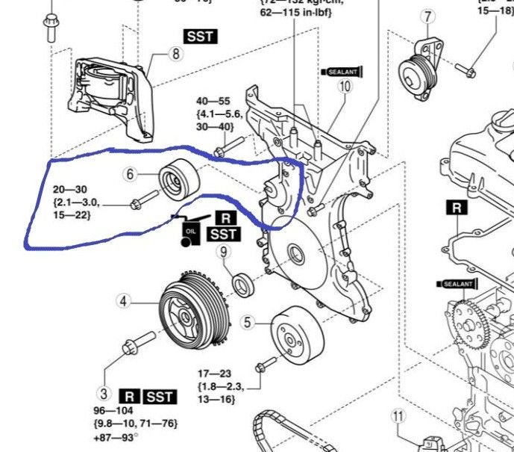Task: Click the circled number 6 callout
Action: coord(131,174)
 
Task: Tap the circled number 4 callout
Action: coord(125,302)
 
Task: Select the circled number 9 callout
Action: coord(222,253)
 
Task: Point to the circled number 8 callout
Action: coord(175,54)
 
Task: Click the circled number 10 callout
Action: coord(344,87)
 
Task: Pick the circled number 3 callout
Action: coord(104,394)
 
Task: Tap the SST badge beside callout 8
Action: coord(198,35)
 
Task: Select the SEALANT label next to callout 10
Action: coord(341,72)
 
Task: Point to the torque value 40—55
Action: coord(213,100)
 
